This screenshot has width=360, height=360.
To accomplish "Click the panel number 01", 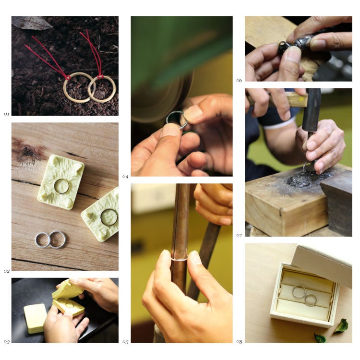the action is pos(6,114).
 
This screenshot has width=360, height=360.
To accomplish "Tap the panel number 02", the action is pos(6,271).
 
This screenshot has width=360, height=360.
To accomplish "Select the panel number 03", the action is pos(7,342).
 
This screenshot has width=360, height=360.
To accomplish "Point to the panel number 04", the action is pos(125,176).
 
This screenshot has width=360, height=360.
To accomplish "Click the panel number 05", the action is pos(125,342).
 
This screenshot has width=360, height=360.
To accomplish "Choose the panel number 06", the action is pos(239,80).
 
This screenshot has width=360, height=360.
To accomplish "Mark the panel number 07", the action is pos(239,235).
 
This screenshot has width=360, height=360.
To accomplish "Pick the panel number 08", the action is pos(239,342).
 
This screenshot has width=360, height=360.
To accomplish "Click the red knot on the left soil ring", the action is pos(68,77).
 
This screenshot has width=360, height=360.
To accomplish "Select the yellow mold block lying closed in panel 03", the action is pos(36,318).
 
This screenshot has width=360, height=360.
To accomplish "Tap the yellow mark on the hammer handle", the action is pos(303,99).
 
